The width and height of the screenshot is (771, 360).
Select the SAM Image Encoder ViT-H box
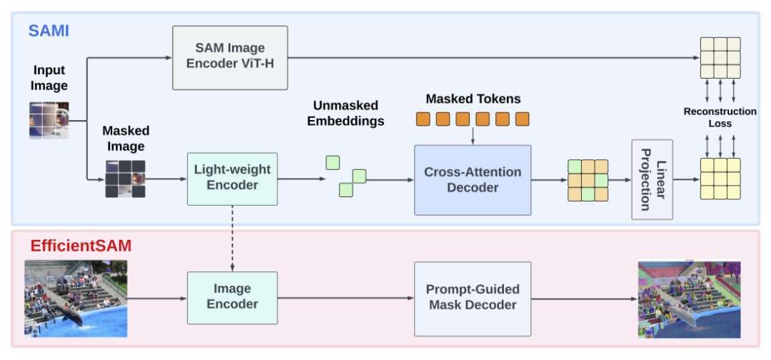pyautogui.click(x=230, y=57)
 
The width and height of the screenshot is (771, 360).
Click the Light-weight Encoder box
pyautogui.click(x=232, y=179)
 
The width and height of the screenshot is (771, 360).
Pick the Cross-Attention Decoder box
pyautogui.click(x=473, y=180)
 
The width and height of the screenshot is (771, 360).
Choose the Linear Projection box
pyautogui.click(x=652, y=179)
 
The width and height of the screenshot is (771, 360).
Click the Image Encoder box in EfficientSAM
pyautogui.click(x=232, y=297)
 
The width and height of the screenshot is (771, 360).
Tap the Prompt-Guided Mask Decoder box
pyautogui.click(x=473, y=297)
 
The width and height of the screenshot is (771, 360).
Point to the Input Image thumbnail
pyautogui.click(x=49, y=120)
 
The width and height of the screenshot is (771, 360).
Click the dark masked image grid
pyautogui.click(x=126, y=178)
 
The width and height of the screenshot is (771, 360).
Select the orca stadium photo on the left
pyautogui.click(x=76, y=298)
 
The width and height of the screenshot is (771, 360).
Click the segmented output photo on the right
pyautogui.click(x=689, y=298)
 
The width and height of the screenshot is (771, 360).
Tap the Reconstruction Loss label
pyautogui.click(x=720, y=117)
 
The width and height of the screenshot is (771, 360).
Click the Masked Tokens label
pyautogui.click(x=473, y=99)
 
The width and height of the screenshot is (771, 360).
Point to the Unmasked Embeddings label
pyautogui.click(x=346, y=114)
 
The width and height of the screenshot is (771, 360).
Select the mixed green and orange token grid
pyautogui.click(x=588, y=180)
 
